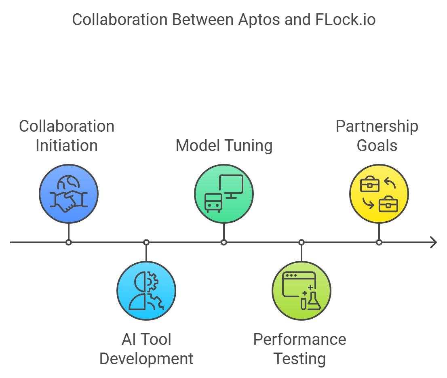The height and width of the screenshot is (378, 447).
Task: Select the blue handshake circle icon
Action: tap(69, 194)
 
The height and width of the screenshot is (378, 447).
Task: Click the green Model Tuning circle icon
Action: tap(224, 194)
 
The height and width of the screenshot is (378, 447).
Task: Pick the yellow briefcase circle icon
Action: tap(379, 194)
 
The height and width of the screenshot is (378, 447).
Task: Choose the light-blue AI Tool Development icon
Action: tap(146, 291)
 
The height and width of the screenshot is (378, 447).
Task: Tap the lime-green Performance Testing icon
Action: tap(302, 291)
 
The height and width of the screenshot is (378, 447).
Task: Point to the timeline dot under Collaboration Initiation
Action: tap(69, 242)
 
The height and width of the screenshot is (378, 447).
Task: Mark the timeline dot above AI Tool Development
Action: tap(146, 242)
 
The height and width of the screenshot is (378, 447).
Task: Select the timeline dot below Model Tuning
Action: tap(224, 242)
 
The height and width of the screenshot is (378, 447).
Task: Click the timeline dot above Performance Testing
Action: tap(302, 242)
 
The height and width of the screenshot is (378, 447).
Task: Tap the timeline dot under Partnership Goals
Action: tap(379, 242)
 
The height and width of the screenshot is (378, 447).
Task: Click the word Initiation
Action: tap(67, 145)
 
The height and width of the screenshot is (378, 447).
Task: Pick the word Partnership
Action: tap(377, 126)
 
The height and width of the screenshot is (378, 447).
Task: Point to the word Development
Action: tap(146, 359)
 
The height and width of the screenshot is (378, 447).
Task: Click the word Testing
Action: tap(299, 359)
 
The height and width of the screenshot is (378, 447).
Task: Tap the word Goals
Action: tap(377, 145)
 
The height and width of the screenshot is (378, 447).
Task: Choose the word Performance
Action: tap(299, 339)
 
